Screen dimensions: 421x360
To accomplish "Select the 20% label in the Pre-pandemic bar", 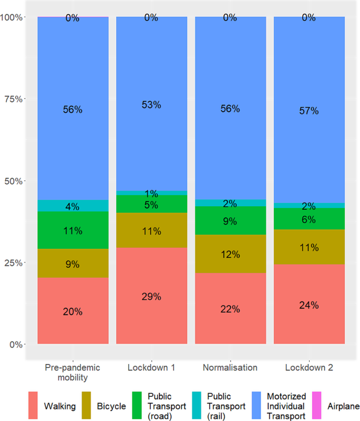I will (73, 311).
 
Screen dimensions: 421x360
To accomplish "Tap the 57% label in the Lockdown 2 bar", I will (309, 111).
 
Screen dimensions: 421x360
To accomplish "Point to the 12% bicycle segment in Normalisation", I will (230, 254).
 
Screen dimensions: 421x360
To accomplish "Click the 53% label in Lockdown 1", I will (151, 104).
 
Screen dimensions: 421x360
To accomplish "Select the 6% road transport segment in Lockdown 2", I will (309, 220).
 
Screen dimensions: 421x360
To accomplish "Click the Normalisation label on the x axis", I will (230, 367).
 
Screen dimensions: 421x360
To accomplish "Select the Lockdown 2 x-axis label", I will (309, 367).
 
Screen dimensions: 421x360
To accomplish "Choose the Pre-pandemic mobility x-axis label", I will (73, 372).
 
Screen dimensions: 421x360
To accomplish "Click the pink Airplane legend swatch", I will (317, 406).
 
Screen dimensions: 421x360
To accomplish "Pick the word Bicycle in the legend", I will (111, 406).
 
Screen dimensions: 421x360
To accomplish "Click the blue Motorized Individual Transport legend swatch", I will (258, 406).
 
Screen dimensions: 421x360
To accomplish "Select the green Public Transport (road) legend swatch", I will (138, 406).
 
